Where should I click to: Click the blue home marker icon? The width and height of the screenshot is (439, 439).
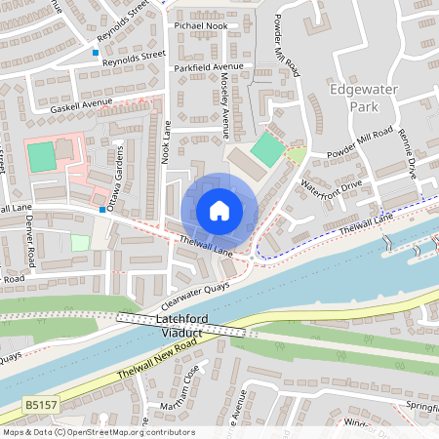click(219, 210)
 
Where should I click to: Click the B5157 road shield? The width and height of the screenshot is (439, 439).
click(39, 402)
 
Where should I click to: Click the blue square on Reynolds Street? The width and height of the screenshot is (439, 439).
click(96, 52)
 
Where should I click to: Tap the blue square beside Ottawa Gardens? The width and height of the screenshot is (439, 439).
click(102, 209)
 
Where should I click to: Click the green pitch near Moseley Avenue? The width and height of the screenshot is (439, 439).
click(265, 149)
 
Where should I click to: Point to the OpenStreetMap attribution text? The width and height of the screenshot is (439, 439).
click(99, 432)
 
